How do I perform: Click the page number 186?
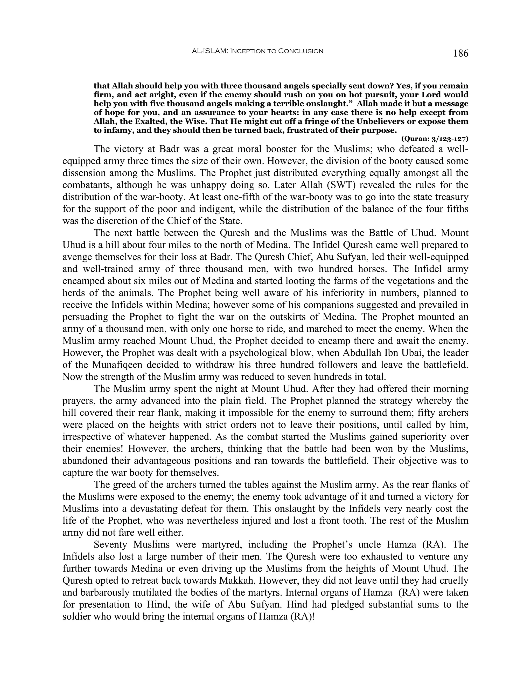point(460,53)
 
